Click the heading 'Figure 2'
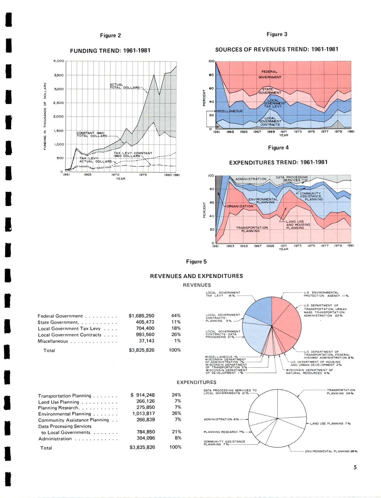[110, 35]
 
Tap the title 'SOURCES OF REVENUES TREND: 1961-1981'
[277, 49]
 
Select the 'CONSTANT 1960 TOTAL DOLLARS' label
[92, 135]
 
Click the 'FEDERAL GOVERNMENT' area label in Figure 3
[269, 74]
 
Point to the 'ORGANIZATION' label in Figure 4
[240, 206]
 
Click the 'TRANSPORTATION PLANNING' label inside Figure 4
[252, 229]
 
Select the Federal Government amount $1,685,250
[141, 316]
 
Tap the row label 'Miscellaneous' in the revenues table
[53, 341]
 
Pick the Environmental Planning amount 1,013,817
[143, 414]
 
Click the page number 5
[355, 468]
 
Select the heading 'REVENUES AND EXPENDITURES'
[196, 276]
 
